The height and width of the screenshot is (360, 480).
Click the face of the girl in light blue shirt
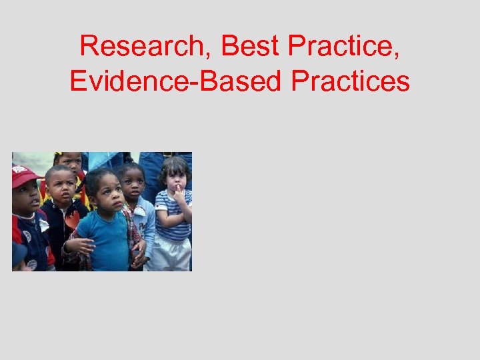(x=133, y=181)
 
